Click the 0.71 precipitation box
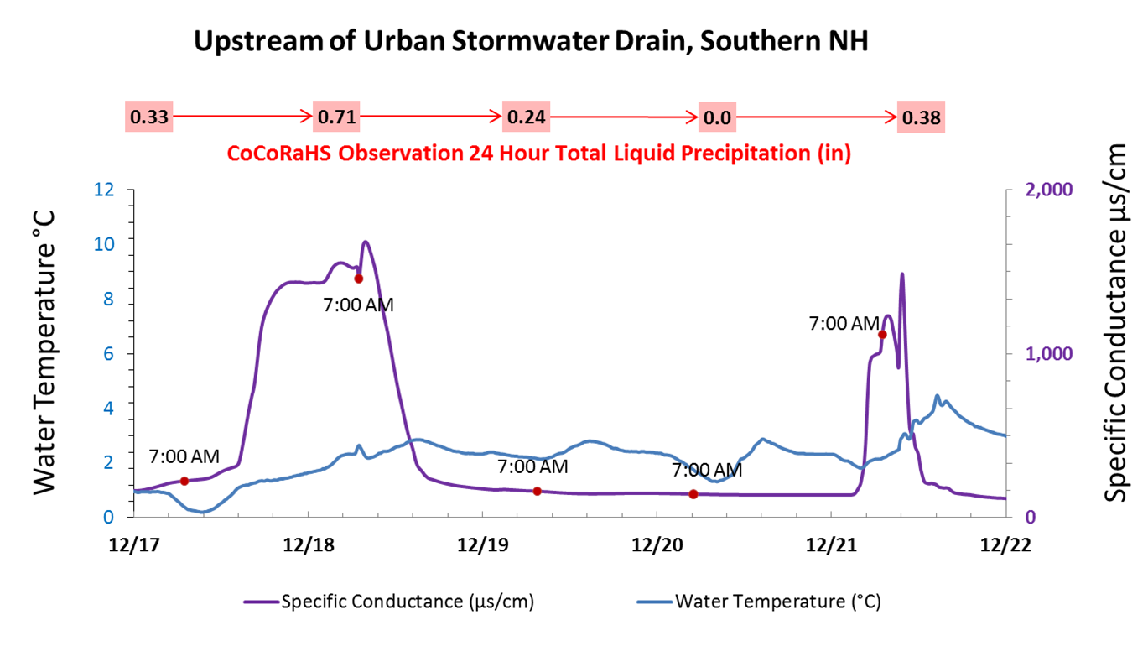pyautogui.click(x=336, y=117)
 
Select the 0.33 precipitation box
pyautogui.click(x=148, y=117)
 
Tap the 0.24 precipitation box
pyautogui.click(x=526, y=117)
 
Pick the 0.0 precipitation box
pyautogui.click(x=718, y=117)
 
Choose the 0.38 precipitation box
pyautogui.click(x=921, y=117)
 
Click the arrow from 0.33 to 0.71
pyautogui.click(x=242, y=117)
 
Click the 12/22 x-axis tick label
pyautogui.click(x=1004, y=544)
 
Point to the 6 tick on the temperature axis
pyautogui.click(x=108, y=353)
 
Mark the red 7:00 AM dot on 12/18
pyautogui.click(x=358, y=279)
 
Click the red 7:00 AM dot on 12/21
pyautogui.click(x=882, y=335)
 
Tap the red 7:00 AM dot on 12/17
pyautogui.click(x=184, y=481)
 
